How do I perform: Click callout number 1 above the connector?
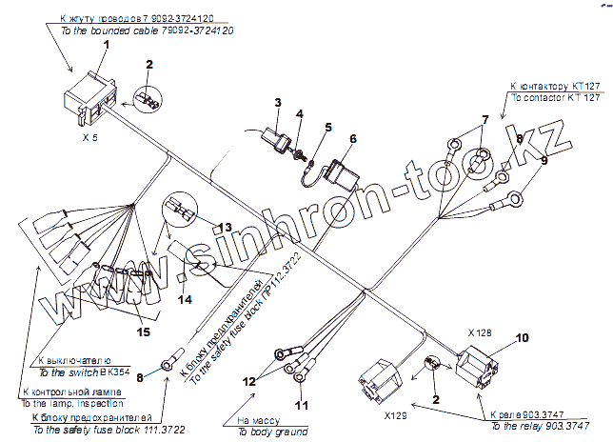coord(107,44)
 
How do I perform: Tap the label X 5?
coord(90,138)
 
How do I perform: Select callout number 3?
coord(278,101)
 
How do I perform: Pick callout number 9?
coord(544,161)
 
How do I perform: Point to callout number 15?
coord(145,331)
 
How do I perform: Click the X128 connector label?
coord(481,334)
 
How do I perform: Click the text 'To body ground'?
coord(266,432)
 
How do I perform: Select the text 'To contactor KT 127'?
coord(556,98)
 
